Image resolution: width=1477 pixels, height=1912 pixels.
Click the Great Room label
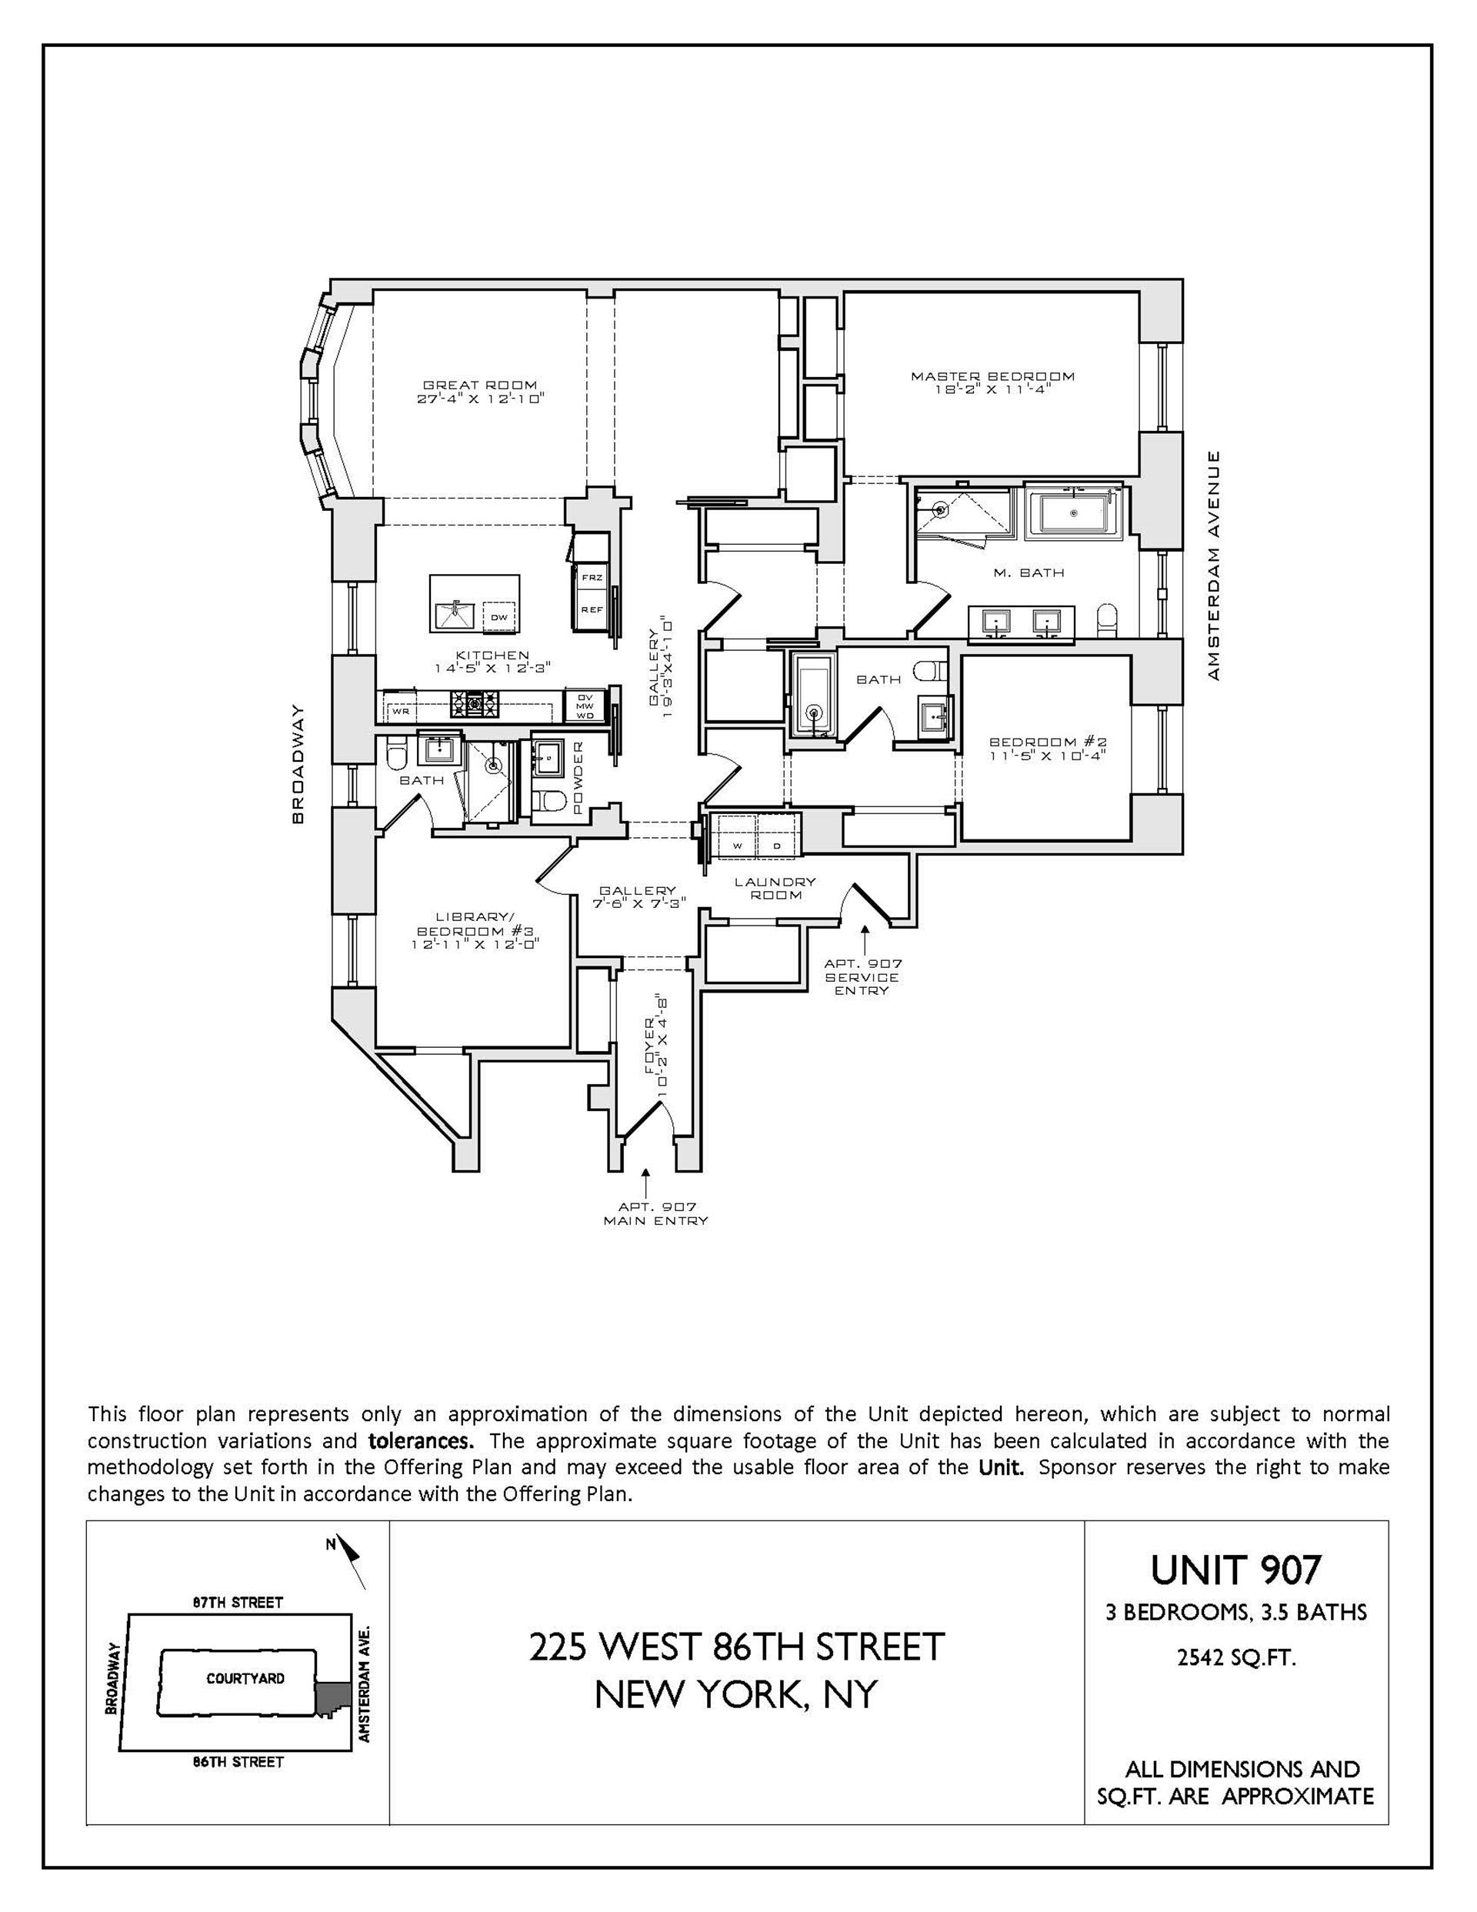[x=480, y=385]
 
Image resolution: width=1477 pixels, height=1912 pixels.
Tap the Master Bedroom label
[x=992, y=376]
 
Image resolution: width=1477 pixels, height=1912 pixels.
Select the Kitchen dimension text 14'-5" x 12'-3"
[x=492, y=668]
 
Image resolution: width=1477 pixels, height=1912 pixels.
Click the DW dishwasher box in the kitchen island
[x=498, y=617]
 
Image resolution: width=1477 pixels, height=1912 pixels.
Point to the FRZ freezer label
[x=592, y=578]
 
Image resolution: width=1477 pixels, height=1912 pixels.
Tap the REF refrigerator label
[x=592, y=609]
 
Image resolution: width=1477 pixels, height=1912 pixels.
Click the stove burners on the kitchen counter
[x=475, y=701]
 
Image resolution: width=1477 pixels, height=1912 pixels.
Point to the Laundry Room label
[x=775, y=888]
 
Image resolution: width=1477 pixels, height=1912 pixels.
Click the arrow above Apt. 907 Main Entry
[x=646, y=1181]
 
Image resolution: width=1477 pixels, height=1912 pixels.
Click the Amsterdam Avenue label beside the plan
[x=1212, y=566]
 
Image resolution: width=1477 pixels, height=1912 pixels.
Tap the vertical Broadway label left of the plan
[x=298, y=763]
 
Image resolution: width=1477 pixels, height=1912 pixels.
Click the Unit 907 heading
[x=1235, y=1570]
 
